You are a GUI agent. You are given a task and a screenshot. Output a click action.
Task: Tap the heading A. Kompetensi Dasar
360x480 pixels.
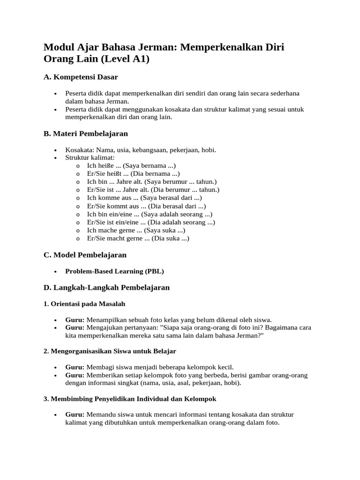(x=81, y=76)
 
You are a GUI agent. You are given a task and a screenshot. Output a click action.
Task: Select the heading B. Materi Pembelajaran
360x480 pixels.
(x=86, y=134)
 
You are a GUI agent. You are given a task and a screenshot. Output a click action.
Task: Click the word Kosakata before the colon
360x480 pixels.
(x=79, y=150)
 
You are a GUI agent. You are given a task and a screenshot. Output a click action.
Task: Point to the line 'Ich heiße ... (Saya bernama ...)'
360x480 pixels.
(x=132, y=165)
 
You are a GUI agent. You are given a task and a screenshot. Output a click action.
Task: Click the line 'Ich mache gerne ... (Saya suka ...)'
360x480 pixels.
(x=136, y=230)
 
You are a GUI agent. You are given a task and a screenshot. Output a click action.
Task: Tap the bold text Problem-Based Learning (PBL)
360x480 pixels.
(x=114, y=271)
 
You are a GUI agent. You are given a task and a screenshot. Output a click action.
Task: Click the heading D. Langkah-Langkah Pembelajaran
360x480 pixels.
(x=106, y=287)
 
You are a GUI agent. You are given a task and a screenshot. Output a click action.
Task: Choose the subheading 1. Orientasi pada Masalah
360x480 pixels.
(x=84, y=304)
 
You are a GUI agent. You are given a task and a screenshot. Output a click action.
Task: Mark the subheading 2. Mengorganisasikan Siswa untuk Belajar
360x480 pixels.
(x=110, y=351)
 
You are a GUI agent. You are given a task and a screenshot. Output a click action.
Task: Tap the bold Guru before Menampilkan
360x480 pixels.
(x=75, y=320)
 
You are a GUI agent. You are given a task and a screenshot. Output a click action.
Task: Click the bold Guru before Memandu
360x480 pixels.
(x=75, y=414)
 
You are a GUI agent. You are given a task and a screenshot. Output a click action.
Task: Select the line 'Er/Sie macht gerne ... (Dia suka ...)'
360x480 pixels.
(x=138, y=238)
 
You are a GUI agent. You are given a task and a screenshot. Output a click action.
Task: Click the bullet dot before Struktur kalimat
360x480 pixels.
(x=56, y=158)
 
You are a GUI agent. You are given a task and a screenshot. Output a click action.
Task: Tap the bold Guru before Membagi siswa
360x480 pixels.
(x=75, y=367)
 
